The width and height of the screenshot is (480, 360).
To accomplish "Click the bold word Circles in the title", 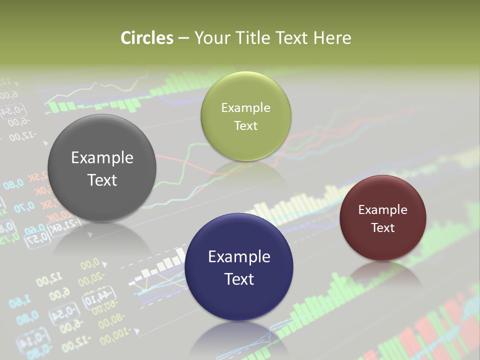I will click(147, 38).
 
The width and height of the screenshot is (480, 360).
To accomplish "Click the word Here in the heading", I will click(332, 38).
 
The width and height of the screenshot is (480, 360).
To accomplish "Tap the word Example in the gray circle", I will click(102, 158).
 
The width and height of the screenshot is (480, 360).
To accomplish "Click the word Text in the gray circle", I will click(102, 180).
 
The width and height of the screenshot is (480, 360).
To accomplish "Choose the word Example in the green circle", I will click(245, 108).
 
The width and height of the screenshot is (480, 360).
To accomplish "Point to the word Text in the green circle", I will click(245, 125).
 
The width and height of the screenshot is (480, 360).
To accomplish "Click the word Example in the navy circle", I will click(239, 257).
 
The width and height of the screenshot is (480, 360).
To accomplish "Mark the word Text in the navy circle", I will click(239, 279).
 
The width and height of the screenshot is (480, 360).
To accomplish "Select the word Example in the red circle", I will click(382, 210).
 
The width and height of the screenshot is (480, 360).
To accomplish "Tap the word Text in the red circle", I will click(382, 227).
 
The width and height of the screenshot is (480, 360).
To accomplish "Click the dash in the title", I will click(183, 38).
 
